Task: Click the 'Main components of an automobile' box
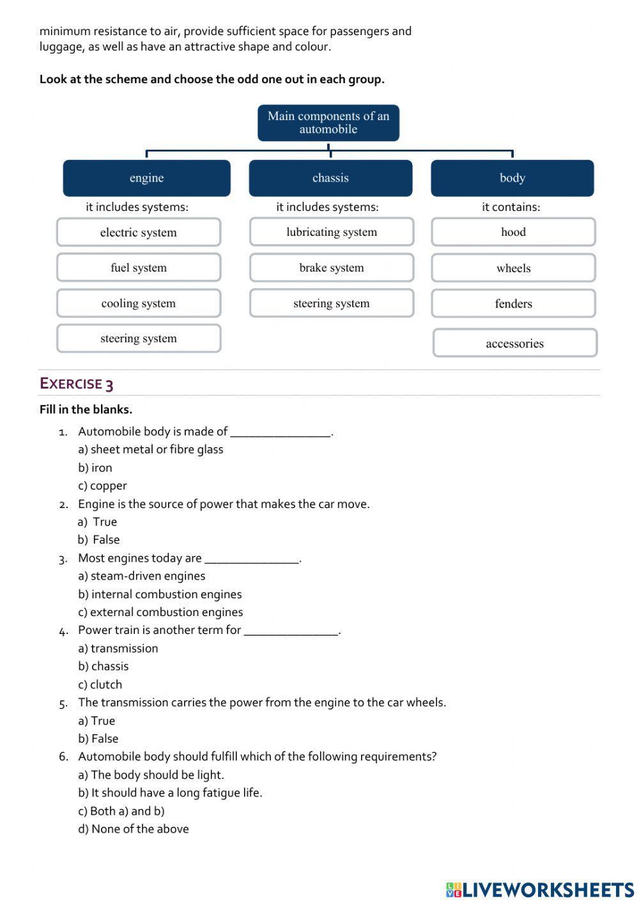pos(328,123)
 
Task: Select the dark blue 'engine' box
pos(146,178)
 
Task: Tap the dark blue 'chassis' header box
pos(330,178)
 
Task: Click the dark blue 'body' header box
pos(512,178)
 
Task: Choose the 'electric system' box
pos(139,233)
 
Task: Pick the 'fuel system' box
pos(139,268)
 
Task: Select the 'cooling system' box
pos(139,304)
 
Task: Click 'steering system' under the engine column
pos(139,339)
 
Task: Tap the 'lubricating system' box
pos(332,232)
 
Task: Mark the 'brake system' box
pos(332,268)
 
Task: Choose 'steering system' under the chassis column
pos(332,304)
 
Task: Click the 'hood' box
pos(513,232)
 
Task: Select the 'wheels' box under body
pos(513,268)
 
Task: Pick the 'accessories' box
pos(514,343)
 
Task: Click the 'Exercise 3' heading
pos(77,383)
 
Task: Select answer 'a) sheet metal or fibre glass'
pos(151,449)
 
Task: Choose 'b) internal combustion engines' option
pos(160,594)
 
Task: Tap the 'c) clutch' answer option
pos(100,684)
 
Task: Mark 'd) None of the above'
pos(134,829)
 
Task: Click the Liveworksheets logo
pos(540,890)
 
